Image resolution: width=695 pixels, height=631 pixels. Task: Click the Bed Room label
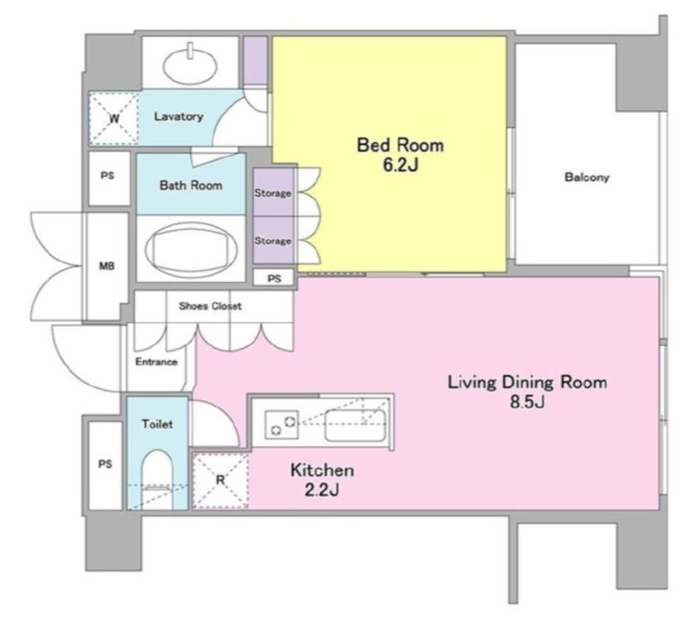tap(400, 145)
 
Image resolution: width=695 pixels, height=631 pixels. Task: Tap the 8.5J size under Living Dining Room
tap(527, 402)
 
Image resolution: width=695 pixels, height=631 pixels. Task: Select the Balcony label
tap(587, 178)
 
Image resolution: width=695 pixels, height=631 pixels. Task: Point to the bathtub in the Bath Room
tap(191, 249)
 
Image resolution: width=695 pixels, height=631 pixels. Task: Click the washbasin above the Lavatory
tap(190, 65)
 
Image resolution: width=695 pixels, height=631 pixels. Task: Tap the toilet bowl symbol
tap(157, 479)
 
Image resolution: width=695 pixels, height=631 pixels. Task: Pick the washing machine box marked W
tap(114, 118)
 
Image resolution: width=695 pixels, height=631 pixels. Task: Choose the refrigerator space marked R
tap(221, 480)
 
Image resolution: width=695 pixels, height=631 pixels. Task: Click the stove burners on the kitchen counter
tap(281, 424)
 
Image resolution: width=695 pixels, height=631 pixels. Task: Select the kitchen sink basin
tap(355, 425)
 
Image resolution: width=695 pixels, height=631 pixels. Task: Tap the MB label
tap(106, 266)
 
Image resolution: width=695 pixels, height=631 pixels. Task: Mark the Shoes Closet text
tap(210, 306)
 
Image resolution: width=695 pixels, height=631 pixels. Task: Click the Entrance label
tap(156, 361)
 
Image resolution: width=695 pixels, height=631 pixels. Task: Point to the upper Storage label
tap(273, 193)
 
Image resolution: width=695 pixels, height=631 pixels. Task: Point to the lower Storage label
tap(273, 240)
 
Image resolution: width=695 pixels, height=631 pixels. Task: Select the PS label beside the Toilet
tap(105, 464)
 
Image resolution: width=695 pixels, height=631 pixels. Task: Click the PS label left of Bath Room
tap(107, 176)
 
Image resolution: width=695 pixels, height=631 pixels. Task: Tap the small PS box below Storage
tap(274, 278)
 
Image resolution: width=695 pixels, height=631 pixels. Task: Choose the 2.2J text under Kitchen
tap(322, 490)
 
